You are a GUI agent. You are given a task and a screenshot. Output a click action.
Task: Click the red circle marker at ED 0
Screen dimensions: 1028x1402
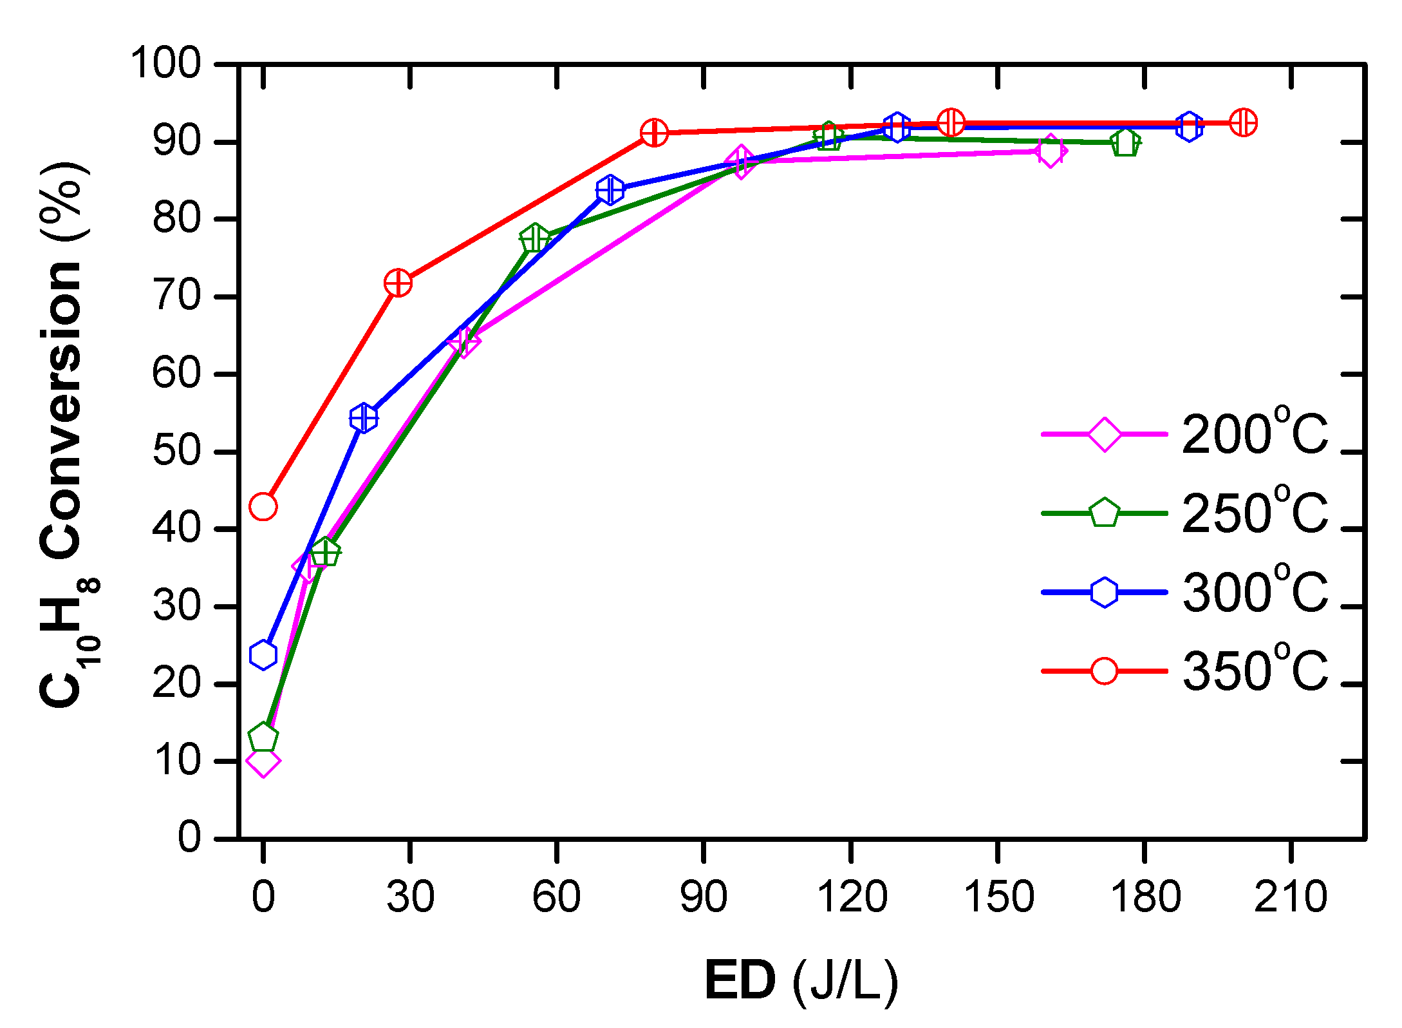(x=263, y=506)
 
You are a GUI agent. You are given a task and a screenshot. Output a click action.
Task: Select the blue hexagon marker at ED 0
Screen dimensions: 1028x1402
(x=263, y=655)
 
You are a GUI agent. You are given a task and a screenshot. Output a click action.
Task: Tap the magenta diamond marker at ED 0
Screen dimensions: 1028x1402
(x=263, y=761)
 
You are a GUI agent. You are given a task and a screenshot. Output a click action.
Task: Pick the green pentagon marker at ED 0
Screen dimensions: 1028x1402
(x=263, y=737)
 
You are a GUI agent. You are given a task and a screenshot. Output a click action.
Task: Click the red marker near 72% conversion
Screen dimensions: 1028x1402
(x=398, y=283)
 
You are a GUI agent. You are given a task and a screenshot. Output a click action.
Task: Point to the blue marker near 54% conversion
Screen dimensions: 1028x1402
(x=364, y=419)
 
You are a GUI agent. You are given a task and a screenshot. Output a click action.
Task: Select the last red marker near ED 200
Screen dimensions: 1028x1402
(x=1243, y=122)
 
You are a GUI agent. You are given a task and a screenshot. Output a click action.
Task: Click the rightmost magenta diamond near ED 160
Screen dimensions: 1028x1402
(x=1050, y=151)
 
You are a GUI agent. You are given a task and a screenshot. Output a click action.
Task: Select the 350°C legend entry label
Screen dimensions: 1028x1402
(x=1255, y=671)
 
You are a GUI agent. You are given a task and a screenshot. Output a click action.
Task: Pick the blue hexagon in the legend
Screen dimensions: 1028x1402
(x=1104, y=592)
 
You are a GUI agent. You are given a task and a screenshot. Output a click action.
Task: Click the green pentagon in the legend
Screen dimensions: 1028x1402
(x=1104, y=513)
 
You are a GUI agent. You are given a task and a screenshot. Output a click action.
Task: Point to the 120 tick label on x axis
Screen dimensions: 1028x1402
(x=852, y=897)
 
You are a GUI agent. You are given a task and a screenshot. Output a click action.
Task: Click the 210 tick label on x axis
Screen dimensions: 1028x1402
(x=1291, y=897)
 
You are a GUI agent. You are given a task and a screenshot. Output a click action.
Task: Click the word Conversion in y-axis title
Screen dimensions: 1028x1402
(x=61, y=412)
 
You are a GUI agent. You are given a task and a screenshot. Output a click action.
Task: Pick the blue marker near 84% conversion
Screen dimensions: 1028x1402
(x=610, y=190)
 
